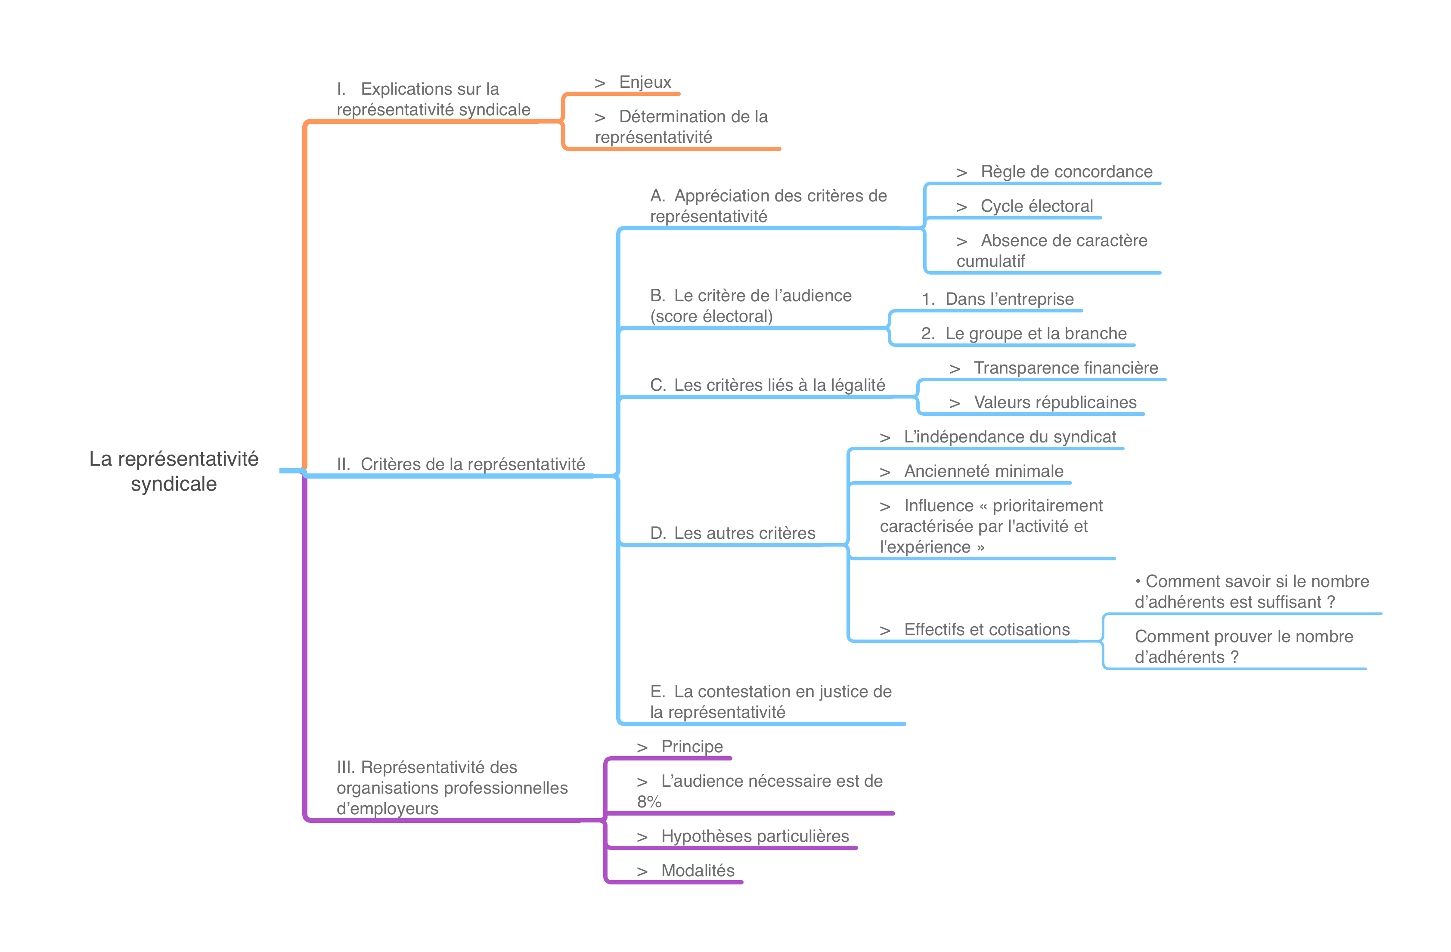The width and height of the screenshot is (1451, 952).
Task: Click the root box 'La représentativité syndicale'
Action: click(x=174, y=470)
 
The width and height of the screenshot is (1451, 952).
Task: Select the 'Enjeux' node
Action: click(x=645, y=82)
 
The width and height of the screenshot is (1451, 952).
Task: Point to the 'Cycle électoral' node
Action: click(x=1036, y=206)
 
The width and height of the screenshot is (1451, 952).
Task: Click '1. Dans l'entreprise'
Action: click(x=1009, y=299)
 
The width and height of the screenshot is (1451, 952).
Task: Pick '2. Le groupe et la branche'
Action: click(x=1035, y=334)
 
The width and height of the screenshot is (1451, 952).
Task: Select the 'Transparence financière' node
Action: click(x=1065, y=368)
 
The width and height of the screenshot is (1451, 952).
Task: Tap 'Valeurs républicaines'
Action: click(x=1055, y=402)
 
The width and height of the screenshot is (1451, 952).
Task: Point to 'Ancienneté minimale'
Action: click(x=983, y=471)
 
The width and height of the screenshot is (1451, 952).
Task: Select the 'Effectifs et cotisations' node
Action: click(x=986, y=630)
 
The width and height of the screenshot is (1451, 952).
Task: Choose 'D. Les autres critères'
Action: click(x=744, y=533)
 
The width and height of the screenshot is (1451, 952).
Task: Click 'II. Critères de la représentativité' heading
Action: click(x=472, y=464)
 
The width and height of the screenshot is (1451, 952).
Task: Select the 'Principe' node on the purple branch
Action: click(x=691, y=747)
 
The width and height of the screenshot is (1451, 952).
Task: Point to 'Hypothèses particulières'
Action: click(x=754, y=836)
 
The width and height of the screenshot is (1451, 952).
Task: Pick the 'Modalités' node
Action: click(x=698, y=870)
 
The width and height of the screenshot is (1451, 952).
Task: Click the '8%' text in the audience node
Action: click(x=649, y=802)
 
